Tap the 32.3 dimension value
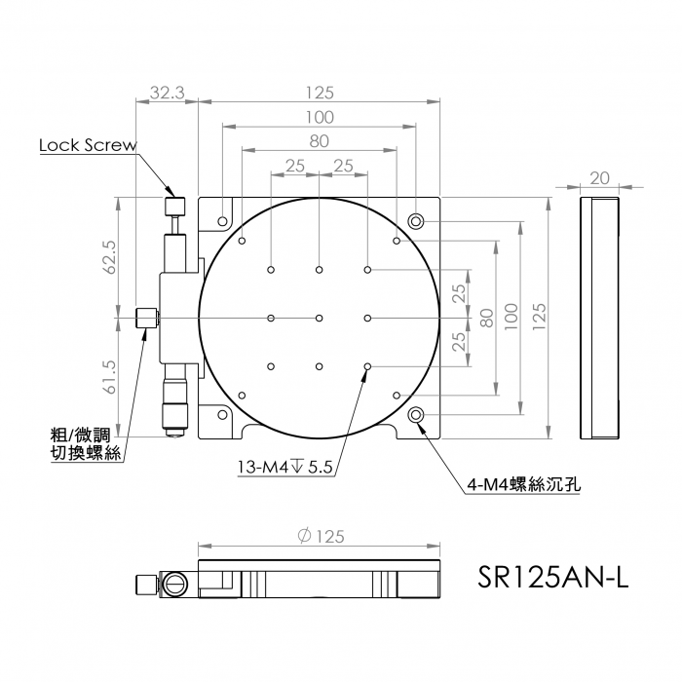click(x=168, y=93)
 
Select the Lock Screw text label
click(x=88, y=145)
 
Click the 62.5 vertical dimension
click(x=110, y=257)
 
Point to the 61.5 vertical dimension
click(x=110, y=377)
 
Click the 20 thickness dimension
click(x=600, y=178)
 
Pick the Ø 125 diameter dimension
click(x=321, y=536)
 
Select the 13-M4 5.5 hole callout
click(x=284, y=468)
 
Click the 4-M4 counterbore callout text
click(x=524, y=484)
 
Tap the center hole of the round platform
click(x=320, y=318)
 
